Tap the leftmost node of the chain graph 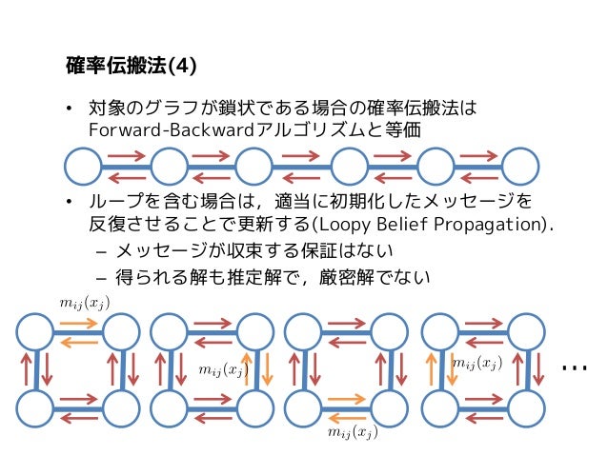[x=82, y=167]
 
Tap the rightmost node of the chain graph [x=520, y=167]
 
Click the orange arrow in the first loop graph [x=78, y=325]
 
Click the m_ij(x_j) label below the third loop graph [x=352, y=433]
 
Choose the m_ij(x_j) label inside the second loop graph [x=223, y=368]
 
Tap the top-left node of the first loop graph [x=35, y=333]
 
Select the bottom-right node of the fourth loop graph [x=527, y=407]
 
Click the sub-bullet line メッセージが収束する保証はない [x=254, y=251]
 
